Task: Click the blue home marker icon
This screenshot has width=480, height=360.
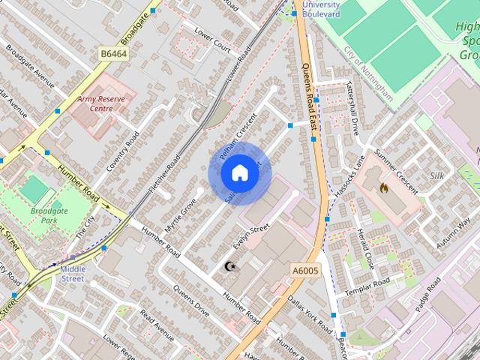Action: tap(239, 173)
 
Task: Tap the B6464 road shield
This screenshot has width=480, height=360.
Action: tap(113, 53)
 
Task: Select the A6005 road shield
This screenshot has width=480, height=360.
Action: tap(304, 269)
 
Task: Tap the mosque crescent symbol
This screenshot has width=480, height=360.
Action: tap(229, 265)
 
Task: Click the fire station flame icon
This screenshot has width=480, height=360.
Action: tap(384, 187)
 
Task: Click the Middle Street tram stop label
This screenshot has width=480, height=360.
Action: tap(73, 274)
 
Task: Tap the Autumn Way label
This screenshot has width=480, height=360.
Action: tap(453, 232)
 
